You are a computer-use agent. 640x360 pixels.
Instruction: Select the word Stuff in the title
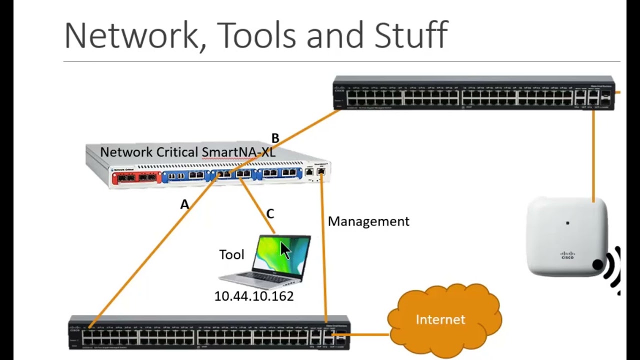pyautogui.click(x=410, y=36)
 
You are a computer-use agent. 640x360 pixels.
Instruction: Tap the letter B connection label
pyautogui.click(x=275, y=138)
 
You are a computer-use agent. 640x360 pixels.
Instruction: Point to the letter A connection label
pyautogui.click(x=185, y=204)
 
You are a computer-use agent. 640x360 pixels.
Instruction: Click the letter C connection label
pyautogui.click(x=270, y=214)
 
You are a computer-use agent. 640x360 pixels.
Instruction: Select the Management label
pyautogui.click(x=368, y=221)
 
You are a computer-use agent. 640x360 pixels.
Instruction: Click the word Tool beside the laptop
pyautogui.click(x=231, y=255)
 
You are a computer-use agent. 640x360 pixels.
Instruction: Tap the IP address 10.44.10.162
pyautogui.click(x=253, y=296)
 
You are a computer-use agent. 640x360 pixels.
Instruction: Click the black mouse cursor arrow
pyautogui.click(x=285, y=250)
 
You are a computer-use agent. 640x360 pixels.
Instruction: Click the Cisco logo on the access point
pyautogui.click(x=567, y=255)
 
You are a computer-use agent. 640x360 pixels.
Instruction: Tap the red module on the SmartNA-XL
pyautogui.click(x=135, y=176)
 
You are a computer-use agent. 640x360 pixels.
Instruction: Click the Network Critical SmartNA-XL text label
pyautogui.click(x=187, y=152)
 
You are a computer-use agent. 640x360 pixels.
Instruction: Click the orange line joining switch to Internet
pyautogui.click(x=369, y=334)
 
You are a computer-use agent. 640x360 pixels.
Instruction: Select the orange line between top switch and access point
pyautogui.click(x=593, y=155)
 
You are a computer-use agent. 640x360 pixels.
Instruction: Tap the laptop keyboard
pyautogui.click(x=265, y=278)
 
